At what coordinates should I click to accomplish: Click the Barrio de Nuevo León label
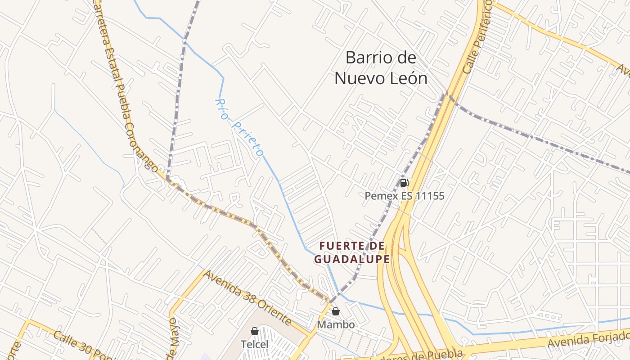(381, 68)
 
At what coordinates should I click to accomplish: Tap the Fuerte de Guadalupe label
(352, 252)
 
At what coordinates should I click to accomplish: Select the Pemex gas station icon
(404, 183)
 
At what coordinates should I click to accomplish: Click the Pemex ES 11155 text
(404, 196)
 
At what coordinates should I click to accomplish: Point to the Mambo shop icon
(336, 311)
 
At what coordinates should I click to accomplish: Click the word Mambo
(336, 324)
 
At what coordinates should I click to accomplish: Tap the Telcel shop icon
(255, 331)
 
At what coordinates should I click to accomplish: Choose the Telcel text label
(255, 344)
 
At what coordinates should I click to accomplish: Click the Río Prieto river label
(239, 127)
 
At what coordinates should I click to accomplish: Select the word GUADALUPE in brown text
(352, 259)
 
